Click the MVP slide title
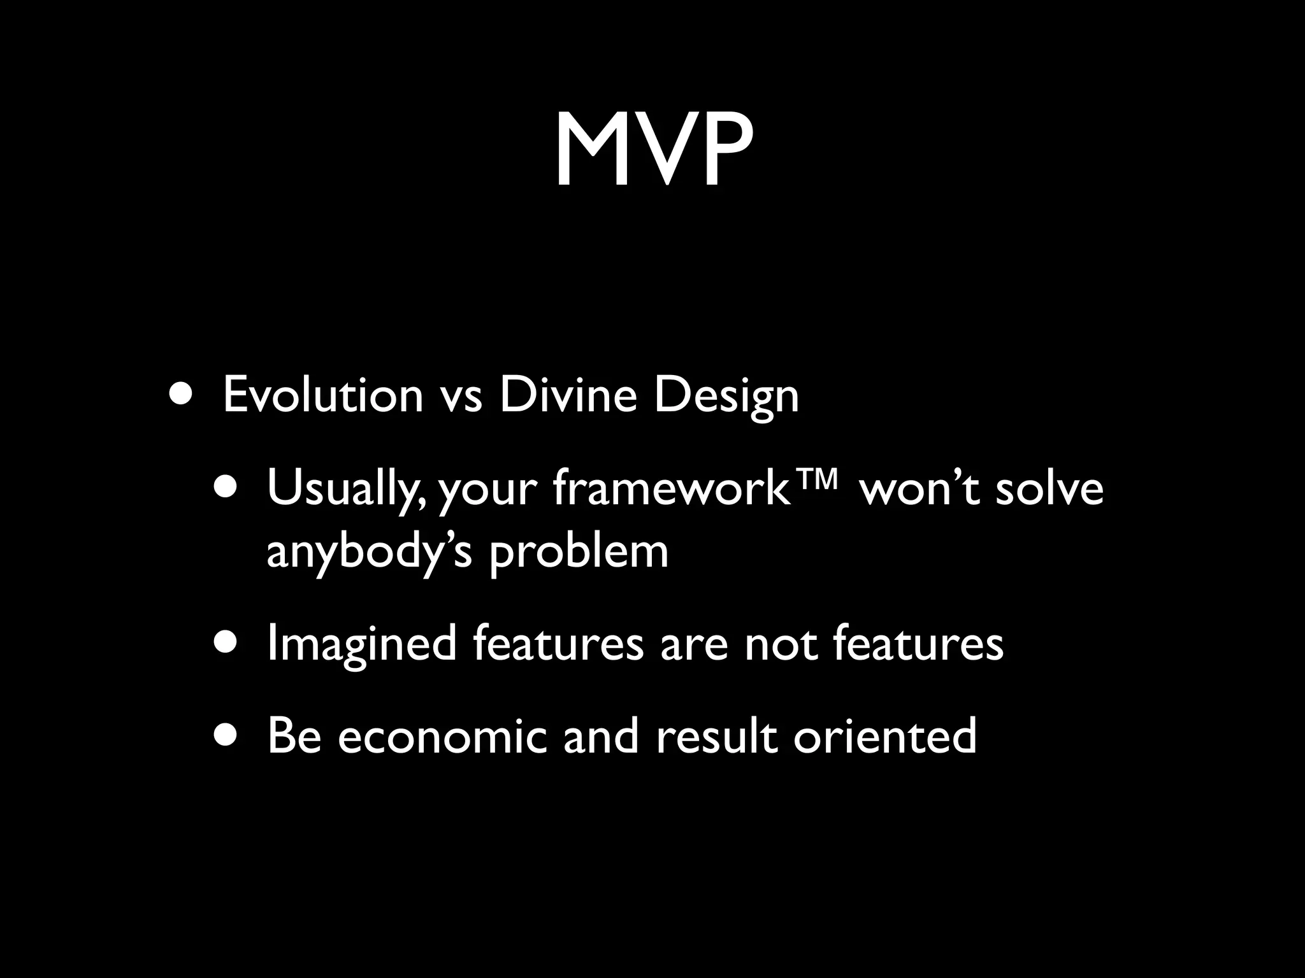[652, 152]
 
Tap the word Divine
[568, 395]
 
